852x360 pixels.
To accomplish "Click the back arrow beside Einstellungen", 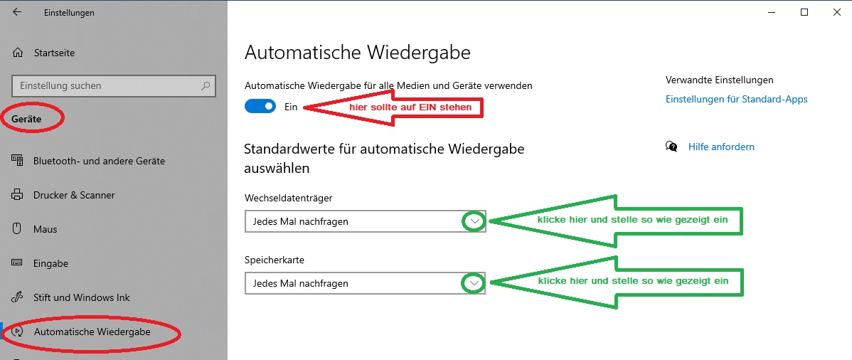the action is (x=17, y=11).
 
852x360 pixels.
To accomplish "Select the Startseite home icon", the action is (x=18, y=53).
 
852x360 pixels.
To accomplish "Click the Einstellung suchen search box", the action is (x=114, y=86).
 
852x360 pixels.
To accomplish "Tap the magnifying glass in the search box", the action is (x=206, y=86).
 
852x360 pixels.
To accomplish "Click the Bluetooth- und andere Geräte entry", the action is (x=99, y=161).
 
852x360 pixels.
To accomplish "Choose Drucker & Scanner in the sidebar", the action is (x=74, y=195).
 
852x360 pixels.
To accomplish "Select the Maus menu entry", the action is (x=45, y=229).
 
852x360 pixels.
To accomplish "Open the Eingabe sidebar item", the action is (x=50, y=263).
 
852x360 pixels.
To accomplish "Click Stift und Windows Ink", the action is (x=82, y=297).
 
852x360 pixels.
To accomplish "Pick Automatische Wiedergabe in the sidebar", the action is (x=92, y=331).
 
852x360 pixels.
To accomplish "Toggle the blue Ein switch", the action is (x=261, y=107).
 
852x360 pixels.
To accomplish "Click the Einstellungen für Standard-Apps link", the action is (x=736, y=99).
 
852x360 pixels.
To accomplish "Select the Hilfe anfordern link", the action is (x=721, y=147).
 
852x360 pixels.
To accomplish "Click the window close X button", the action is (x=836, y=13).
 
